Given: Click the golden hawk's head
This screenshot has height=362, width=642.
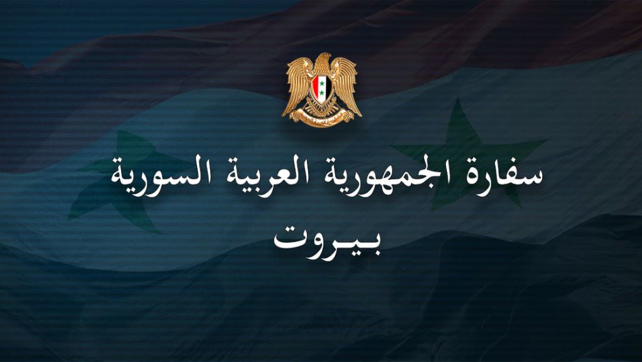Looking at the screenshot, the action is tap(322, 61).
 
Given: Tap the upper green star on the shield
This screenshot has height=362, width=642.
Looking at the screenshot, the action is tap(322, 84).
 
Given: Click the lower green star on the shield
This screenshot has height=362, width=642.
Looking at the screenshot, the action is tap(322, 92).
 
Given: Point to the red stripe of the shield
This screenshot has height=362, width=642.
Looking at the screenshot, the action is tap(315, 87).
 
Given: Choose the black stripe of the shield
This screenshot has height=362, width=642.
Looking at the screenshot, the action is tap(328, 87).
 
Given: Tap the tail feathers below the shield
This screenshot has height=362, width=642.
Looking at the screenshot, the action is tap(322, 107).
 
